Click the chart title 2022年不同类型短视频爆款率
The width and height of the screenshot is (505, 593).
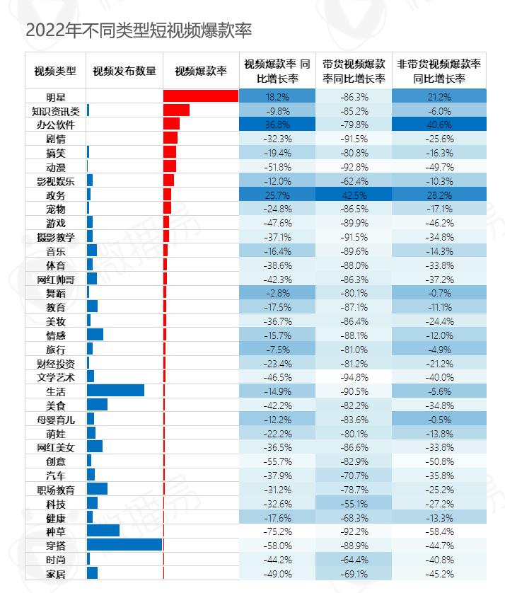(139, 31)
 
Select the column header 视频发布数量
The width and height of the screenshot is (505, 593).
(124, 71)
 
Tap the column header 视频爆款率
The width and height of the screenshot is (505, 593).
(201, 71)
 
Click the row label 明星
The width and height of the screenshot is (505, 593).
(56, 96)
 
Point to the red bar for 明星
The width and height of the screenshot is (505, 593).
(200, 96)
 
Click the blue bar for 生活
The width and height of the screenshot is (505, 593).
(115, 391)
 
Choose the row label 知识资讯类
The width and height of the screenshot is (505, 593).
(56, 110)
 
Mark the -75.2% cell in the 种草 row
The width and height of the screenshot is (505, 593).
(277, 531)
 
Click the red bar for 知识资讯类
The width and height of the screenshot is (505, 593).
(176, 110)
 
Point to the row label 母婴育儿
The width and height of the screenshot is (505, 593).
(56, 419)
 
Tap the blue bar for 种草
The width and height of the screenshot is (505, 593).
(103, 531)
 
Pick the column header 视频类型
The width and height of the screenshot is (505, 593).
(56, 71)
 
